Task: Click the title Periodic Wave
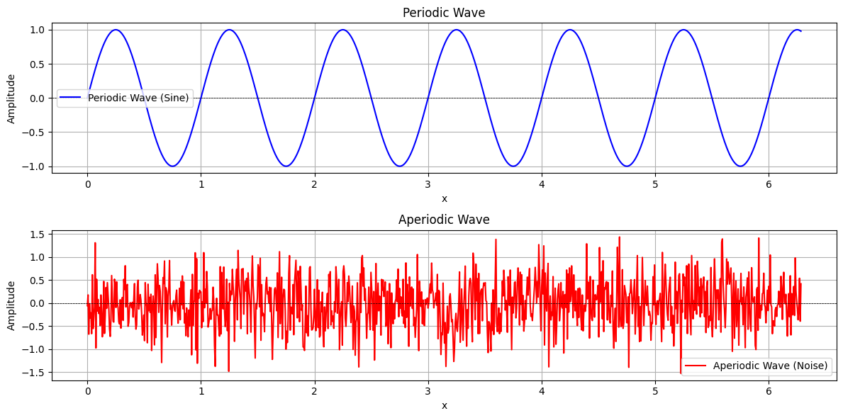coord(444,13)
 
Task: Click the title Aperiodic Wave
coord(444,220)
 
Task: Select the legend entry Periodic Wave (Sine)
coord(138,98)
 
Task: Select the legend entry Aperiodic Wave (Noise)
coord(771,366)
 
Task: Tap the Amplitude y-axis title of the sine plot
coord(11,98)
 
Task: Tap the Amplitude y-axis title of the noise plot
coord(11,305)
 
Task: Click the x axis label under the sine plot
coord(444,198)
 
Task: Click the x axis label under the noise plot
coord(444,405)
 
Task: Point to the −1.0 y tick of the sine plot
coord(35,166)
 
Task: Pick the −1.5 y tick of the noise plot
coord(35,373)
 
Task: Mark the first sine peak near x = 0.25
coord(116,30)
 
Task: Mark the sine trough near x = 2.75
coord(400,166)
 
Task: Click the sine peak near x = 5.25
coord(683,30)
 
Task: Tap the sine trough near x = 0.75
coord(172,166)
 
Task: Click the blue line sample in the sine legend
coord(72,98)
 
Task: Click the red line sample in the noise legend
coord(697,366)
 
